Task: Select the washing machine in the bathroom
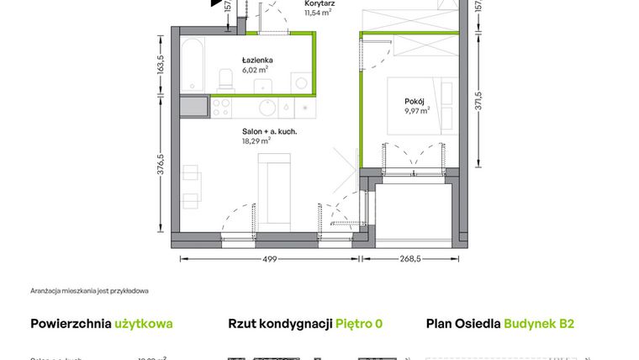(x=301, y=82)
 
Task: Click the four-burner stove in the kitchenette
(x=222, y=108)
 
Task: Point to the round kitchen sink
(x=266, y=108)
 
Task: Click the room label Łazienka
(x=257, y=61)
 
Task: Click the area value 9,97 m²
(x=415, y=110)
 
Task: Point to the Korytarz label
(x=319, y=4)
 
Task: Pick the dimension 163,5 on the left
(x=159, y=66)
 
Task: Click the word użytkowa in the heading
(x=144, y=323)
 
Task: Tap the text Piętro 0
(x=359, y=323)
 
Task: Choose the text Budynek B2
(x=539, y=323)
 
